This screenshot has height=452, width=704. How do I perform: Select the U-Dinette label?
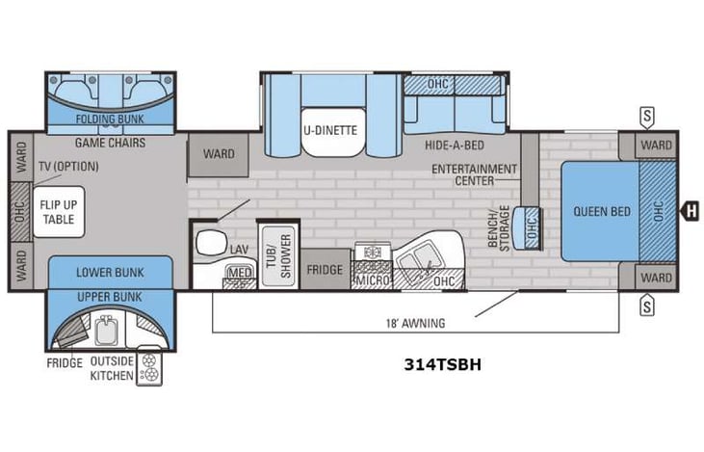point(329,129)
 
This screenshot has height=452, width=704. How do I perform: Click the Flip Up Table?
point(59,211)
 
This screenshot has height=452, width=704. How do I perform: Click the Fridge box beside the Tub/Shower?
point(325,270)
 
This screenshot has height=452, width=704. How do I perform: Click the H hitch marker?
point(689,210)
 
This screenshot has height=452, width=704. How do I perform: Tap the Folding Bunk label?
point(110,120)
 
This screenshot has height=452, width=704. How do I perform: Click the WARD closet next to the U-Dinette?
point(218,153)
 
